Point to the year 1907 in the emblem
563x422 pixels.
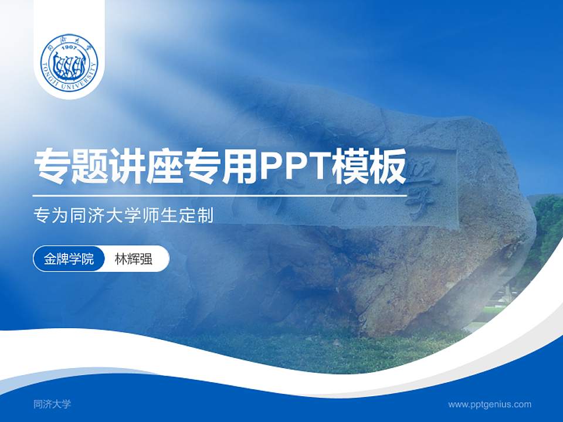(69, 46)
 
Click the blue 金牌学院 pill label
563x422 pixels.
(69, 259)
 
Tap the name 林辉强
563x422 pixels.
(134, 259)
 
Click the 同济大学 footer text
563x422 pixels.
(52, 404)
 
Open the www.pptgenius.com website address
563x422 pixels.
(490, 404)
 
